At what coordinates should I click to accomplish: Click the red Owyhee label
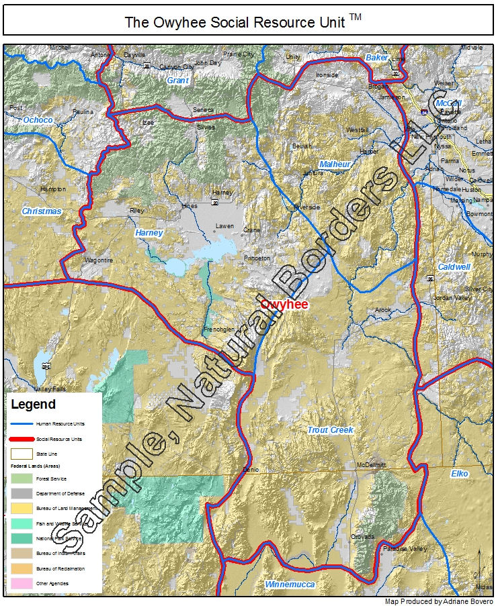(284, 305)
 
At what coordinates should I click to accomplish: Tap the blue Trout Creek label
(330, 430)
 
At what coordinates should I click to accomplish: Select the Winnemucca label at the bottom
(290, 585)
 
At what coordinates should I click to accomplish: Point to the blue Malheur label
(335, 164)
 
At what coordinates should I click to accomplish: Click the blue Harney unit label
(149, 232)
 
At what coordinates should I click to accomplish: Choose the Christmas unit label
(42, 211)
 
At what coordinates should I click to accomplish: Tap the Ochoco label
(38, 119)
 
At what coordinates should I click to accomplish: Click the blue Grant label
(178, 80)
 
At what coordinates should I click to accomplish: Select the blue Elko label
(460, 473)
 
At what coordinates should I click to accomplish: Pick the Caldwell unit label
(454, 266)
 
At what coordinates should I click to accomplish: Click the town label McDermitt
(373, 465)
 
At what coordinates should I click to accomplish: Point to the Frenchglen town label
(219, 330)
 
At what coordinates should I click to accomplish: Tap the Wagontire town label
(99, 260)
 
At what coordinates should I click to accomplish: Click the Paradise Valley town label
(405, 548)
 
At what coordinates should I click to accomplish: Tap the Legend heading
(34, 405)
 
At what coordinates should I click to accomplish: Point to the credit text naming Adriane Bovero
(439, 601)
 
